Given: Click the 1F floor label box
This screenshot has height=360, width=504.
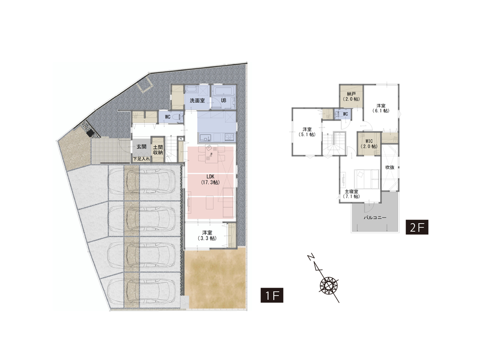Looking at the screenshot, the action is click(272, 295).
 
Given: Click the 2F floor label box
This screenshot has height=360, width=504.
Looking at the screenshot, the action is click(417, 227).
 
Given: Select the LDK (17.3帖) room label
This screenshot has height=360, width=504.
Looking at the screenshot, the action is click(210, 180).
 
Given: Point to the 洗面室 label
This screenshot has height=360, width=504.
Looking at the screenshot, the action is click(197, 100).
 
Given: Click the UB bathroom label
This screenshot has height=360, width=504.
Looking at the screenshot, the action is click(223, 100).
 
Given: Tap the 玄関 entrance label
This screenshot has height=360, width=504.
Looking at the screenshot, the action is click(142, 147).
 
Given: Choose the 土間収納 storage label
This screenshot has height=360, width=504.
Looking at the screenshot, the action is click(158, 150).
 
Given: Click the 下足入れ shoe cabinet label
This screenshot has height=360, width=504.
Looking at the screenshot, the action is click(142, 158).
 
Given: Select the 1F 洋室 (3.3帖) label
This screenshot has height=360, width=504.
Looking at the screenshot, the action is click(207, 235).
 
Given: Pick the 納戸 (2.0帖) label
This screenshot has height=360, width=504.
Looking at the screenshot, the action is click(351, 96).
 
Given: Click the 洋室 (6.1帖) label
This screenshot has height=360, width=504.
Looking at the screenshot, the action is click(381, 108).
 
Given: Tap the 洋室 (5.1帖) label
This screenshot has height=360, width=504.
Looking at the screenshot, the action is click(307, 132).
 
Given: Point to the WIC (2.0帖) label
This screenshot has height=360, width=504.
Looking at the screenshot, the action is click(369, 144).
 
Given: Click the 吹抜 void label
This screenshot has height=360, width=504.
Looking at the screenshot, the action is click(390, 167).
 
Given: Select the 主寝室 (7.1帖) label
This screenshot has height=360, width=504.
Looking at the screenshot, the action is click(351, 194).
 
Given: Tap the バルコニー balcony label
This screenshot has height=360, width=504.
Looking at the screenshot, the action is click(375, 217).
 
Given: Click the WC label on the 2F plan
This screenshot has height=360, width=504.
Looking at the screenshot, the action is click(346, 114).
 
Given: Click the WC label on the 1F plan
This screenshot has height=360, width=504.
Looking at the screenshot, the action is click(167, 117).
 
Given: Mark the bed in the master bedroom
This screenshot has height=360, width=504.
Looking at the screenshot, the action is click(367, 179).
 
